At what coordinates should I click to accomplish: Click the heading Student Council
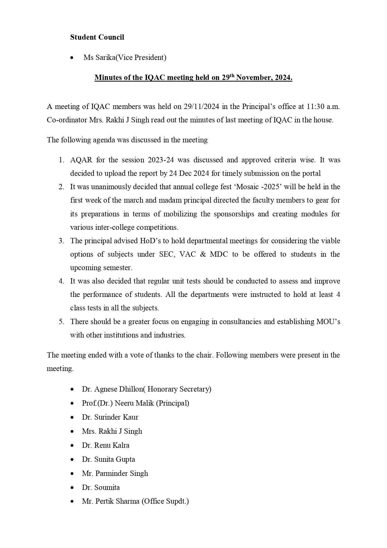97,37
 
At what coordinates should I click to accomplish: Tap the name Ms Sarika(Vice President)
125,57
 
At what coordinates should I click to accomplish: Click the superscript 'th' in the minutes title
232,75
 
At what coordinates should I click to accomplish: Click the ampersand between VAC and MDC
203,254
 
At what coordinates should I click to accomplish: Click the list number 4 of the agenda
61,281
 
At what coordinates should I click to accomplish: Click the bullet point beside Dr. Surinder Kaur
72,417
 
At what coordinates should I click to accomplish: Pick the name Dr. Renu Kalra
105,445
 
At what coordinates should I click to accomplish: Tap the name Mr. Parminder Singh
115,473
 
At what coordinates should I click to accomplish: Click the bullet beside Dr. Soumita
72,488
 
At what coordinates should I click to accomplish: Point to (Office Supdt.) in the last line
165,501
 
